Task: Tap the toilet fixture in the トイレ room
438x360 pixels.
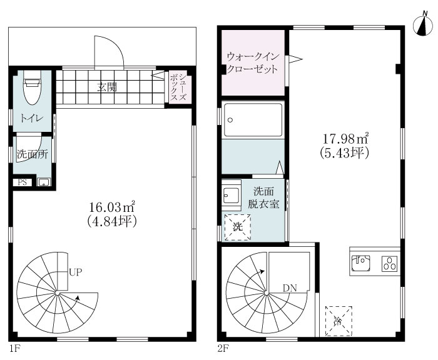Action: point(33,87)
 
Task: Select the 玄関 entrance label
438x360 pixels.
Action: point(107,87)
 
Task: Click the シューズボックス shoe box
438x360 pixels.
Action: point(178,86)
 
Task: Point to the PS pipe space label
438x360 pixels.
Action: point(23,182)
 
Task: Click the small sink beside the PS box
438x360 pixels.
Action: point(44,182)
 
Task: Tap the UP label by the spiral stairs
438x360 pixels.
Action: point(75,272)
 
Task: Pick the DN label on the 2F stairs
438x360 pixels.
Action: point(290,288)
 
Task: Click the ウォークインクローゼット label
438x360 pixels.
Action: point(253,62)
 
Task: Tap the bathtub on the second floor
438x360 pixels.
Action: point(253,120)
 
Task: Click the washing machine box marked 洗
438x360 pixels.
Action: point(238,227)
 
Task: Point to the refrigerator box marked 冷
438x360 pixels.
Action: point(339,321)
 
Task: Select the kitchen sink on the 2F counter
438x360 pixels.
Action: point(360,263)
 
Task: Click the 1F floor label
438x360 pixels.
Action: point(14,349)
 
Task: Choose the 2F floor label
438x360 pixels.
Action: point(223,349)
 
